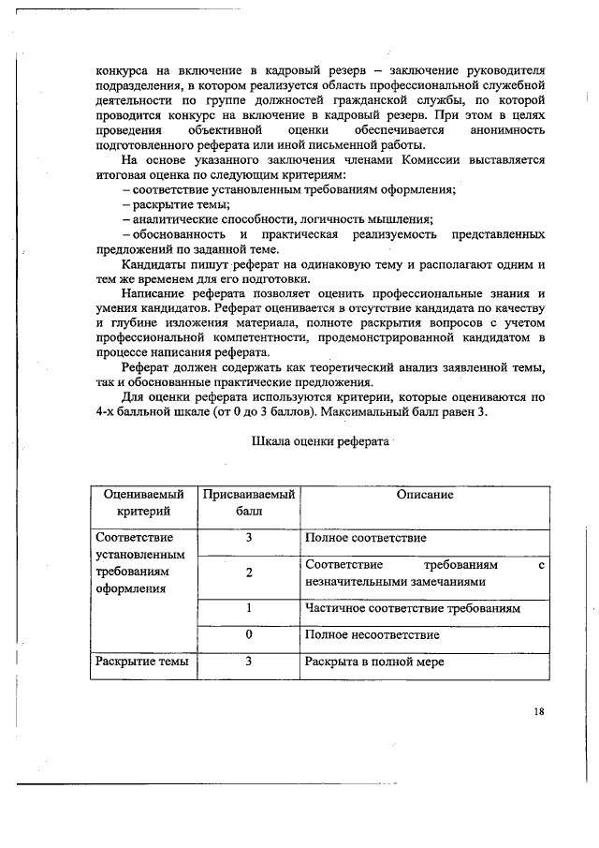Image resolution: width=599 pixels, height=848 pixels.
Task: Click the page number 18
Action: pyautogui.click(x=538, y=711)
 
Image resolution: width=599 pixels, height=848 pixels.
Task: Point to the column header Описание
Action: pyautogui.click(x=424, y=495)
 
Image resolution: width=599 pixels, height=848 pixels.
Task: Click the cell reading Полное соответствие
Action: pyautogui.click(x=366, y=539)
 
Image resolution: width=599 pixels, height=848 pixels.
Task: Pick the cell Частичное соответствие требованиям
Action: pyautogui.click(x=413, y=609)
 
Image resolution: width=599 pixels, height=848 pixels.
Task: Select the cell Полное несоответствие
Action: pyautogui.click(x=372, y=635)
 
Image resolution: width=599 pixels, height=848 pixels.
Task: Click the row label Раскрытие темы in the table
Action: pyautogui.click(x=142, y=662)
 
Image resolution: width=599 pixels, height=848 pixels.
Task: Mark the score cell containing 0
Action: pyautogui.click(x=250, y=635)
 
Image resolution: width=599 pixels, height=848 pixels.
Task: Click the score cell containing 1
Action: pyautogui.click(x=250, y=609)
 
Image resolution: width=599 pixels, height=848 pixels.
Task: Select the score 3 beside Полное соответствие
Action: pyautogui.click(x=250, y=539)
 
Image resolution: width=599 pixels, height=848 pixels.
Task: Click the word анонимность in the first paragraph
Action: pyautogui.click(x=507, y=130)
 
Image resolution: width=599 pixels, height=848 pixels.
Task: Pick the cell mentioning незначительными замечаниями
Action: pyautogui.click(x=423, y=574)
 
